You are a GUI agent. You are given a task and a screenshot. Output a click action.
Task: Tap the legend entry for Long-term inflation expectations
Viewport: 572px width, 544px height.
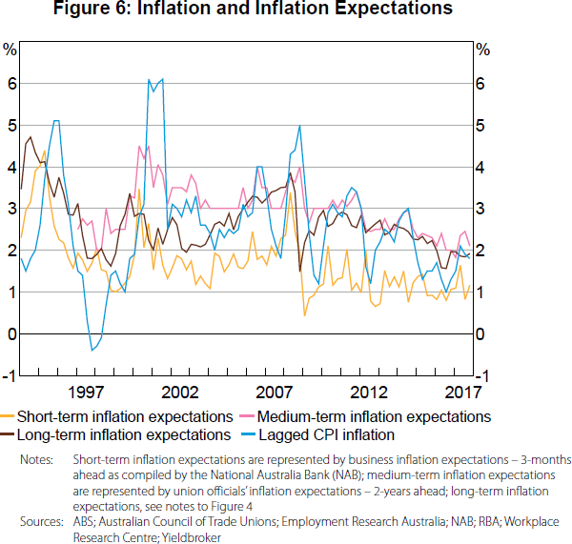(x=122, y=434)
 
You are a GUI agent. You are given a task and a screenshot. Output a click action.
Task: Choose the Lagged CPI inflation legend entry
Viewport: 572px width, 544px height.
(x=324, y=434)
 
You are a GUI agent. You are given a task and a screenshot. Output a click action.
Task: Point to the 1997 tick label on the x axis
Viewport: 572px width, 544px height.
(x=85, y=392)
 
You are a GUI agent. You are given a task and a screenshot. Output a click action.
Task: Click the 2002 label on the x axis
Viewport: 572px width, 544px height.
(x=180, y=392)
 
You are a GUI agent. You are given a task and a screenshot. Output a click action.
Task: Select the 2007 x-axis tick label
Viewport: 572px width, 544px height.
(x=275, y=392)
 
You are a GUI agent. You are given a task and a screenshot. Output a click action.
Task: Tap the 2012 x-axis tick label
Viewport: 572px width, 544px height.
(x=369, y=392)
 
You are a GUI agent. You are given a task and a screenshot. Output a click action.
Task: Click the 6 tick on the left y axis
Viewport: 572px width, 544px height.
(x=10, y=84)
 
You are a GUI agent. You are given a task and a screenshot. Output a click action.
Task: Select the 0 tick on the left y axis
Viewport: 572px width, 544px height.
(x=10, y=334)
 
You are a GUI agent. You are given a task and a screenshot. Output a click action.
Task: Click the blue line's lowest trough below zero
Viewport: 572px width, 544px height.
(x=92, y=351)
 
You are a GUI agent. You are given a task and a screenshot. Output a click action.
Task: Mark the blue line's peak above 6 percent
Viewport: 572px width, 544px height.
(x=149, y=80)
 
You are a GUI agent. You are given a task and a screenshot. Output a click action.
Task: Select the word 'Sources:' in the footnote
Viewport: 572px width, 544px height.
(x=42, y=522)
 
